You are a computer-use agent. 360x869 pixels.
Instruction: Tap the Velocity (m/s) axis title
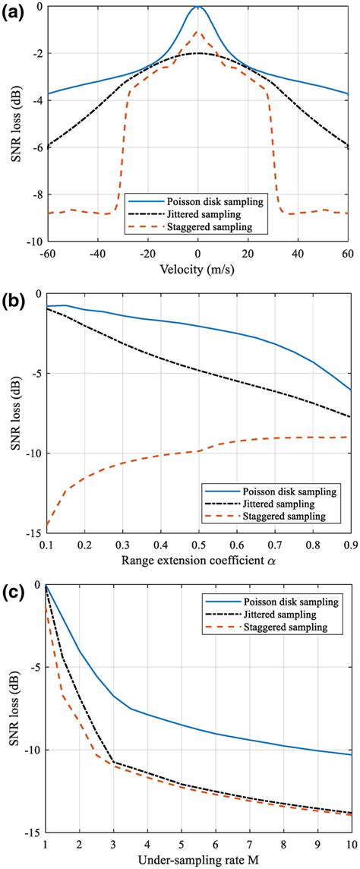tap(197, 268)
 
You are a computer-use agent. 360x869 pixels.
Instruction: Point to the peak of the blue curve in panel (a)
tap(197, 7)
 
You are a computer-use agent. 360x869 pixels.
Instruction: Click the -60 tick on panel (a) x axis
tap(46, 251)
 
